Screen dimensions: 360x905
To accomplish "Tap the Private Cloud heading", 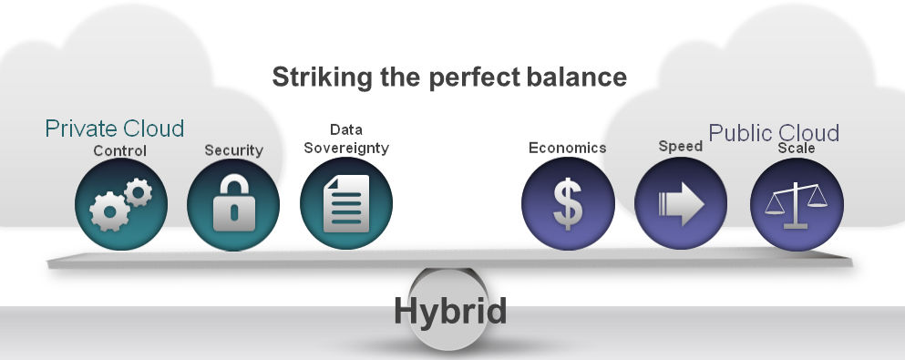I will [115, 129].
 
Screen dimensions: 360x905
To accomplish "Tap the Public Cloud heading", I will [774, 132].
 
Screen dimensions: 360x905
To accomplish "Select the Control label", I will [119, 150].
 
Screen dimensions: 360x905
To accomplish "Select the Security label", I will [233, 150].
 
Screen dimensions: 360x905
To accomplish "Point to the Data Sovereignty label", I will [346, 139].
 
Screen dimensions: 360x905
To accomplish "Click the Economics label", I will [567, 148].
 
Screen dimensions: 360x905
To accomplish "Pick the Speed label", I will [680, 146].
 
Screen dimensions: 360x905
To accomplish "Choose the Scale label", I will [796, 148].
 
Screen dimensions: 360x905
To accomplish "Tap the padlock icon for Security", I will [233, 205].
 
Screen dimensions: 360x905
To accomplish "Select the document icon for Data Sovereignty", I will [346, 205].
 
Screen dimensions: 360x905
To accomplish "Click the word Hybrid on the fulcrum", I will [449, 312].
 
